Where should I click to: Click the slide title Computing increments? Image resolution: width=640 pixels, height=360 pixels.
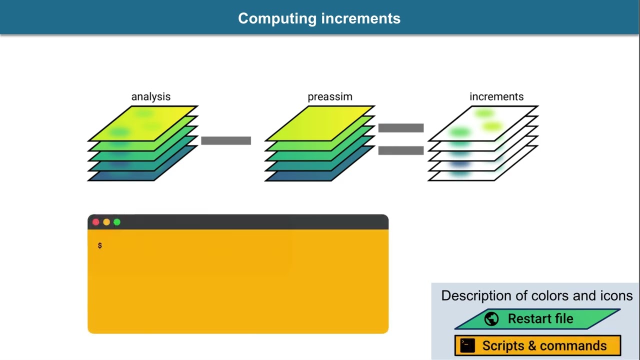pyautogui.click(x=319, y=18)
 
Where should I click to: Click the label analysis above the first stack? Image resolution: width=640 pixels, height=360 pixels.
pyautogui.click(x=150, y=96)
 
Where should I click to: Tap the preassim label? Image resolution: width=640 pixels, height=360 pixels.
pyautogui.click(x=329, y=96)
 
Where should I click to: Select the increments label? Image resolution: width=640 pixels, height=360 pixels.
pyautogui.click(x=496, y=96)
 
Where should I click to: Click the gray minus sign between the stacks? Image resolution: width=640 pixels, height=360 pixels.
pyautogui.click(x=226, y=140)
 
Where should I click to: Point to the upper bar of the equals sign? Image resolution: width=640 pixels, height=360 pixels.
pyautogui.click(x=401, y=128)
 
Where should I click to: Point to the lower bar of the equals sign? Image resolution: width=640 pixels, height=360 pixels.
pyautogui.click(x=401, y=150)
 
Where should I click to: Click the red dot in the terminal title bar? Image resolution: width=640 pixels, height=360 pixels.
pyautogui.click(x=96, y=222)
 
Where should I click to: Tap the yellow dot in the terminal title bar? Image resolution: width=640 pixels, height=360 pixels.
pyautogui.click(x=106, y=222)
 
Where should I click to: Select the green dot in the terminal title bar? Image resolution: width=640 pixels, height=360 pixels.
pyautogui.click(x=117, y=222)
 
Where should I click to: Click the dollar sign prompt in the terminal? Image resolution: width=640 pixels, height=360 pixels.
pyautogui.click(x=100, y=245)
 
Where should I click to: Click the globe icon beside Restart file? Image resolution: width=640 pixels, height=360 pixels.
pyautogui.click(x=491, y=319)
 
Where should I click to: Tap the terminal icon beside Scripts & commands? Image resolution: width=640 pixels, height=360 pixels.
pyautogui.click(x=467, y=345)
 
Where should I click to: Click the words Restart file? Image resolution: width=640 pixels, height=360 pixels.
pyautogui.click(x=540, y=319)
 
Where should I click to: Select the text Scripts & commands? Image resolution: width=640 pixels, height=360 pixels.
pyautogui.click(x=544, y=345)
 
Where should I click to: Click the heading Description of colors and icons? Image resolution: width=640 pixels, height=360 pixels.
pyautogui.click(x=536, y=295)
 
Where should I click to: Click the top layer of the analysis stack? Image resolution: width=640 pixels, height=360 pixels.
pyautogui.click(x=143, y=122)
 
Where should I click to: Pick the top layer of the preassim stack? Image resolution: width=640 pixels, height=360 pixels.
pyautogui.click(x=320, y=122)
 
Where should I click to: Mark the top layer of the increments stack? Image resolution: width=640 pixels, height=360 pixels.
pyautogui.click(x=483, y=122)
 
